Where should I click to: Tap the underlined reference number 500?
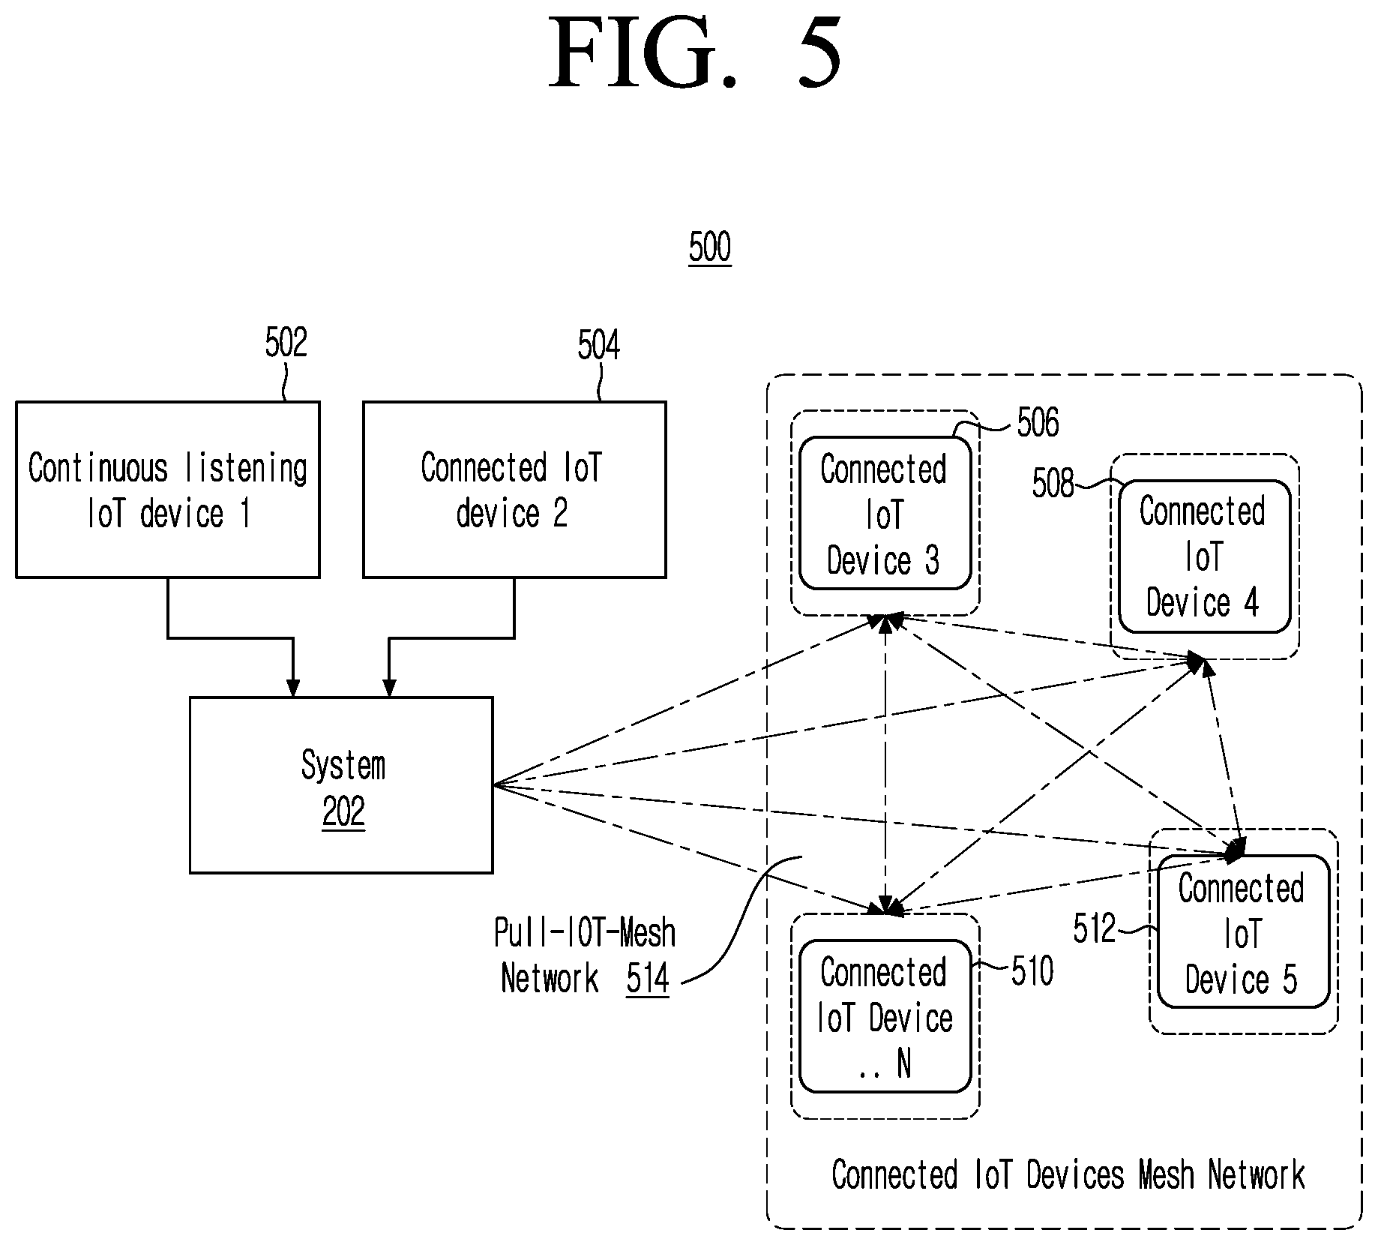[x=709, y=247]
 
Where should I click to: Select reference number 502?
[x=286, y=343]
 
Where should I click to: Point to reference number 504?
[x=598, y=346]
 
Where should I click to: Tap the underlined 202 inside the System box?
[x=343, y=812]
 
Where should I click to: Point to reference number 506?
[x=1038, y=423]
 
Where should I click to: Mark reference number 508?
[x=1053, y=484]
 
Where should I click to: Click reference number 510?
[x=1032, y=971]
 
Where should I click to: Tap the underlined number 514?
[x=648, y=979]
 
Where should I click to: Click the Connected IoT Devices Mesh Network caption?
[x=1068, y=1174]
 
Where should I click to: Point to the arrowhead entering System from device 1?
[x=293, y=688]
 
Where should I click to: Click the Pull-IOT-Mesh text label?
[x=585, y=934]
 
